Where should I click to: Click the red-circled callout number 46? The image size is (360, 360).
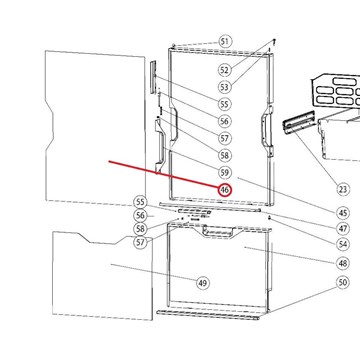[225, 190]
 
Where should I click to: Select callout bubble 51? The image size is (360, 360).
[225, 42]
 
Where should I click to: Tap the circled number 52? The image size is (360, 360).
[224, 70]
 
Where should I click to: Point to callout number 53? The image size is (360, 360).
[224, 87]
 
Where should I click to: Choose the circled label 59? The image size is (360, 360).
[225, 172]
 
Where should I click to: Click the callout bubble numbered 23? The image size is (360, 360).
[343, 189]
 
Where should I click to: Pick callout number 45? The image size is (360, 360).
[343, 213]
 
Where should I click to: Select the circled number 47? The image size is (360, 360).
[343, 229]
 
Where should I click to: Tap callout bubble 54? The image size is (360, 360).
[343, 244]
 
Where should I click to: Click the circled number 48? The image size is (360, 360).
[343, 263]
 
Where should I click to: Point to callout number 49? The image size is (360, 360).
[202, 283]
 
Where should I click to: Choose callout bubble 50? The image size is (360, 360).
[343, 283]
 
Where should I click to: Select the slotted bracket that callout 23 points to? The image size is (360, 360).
[299, 123]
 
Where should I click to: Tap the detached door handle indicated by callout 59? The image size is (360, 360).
[160, 147]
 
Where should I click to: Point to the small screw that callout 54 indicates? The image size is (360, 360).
[269, 217]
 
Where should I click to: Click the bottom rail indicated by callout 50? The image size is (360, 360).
[208, 315]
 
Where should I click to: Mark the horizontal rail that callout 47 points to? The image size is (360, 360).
[210, 206]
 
